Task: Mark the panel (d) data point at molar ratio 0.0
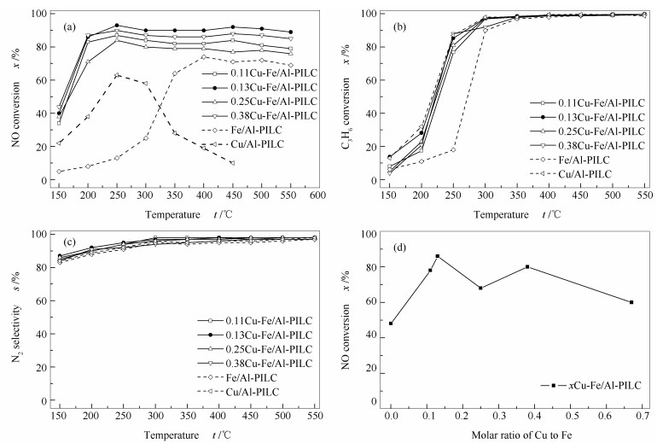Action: (x=391, y=323)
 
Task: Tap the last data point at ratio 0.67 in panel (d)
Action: (x=631, y=302)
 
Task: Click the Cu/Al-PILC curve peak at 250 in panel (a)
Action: (x=117, y=76)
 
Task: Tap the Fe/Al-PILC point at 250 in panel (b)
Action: (x=453, y=149)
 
